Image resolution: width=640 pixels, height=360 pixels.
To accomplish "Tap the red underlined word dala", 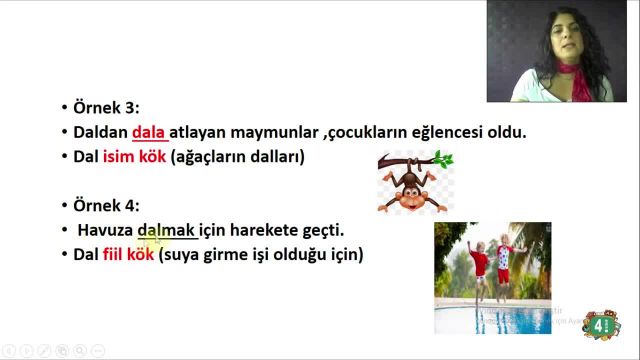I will [149, 132].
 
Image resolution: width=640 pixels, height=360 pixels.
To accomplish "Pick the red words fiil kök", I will [128, 255].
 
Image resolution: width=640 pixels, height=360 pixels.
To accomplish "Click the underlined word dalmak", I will [167, 230].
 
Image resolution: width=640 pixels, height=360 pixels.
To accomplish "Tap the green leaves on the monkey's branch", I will [441, 158].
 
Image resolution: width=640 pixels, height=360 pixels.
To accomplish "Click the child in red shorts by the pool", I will [480, 265].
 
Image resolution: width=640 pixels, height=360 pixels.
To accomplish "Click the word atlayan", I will [204, 132].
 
